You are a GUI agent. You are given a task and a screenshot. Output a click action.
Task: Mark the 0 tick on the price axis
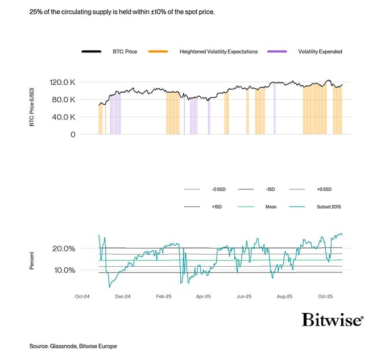(x=73, y=135)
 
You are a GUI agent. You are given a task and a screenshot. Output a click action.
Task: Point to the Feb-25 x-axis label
(x=164, y=296)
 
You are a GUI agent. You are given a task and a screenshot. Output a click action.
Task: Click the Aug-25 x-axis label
(x=284, y=296)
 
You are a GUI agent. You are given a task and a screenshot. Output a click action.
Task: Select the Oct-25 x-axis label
(x=325, y=296)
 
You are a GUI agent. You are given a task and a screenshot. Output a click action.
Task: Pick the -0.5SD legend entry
(x=220, y=189)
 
